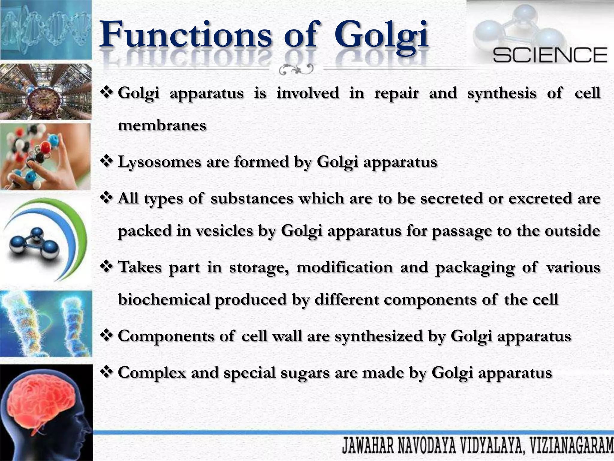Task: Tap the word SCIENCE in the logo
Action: [550, 55]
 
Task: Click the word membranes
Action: [162, 125]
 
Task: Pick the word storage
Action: [259, 267]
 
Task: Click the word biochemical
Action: [164, 299]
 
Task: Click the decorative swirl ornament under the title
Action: [295, 69]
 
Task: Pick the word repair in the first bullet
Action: [396, 93]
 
